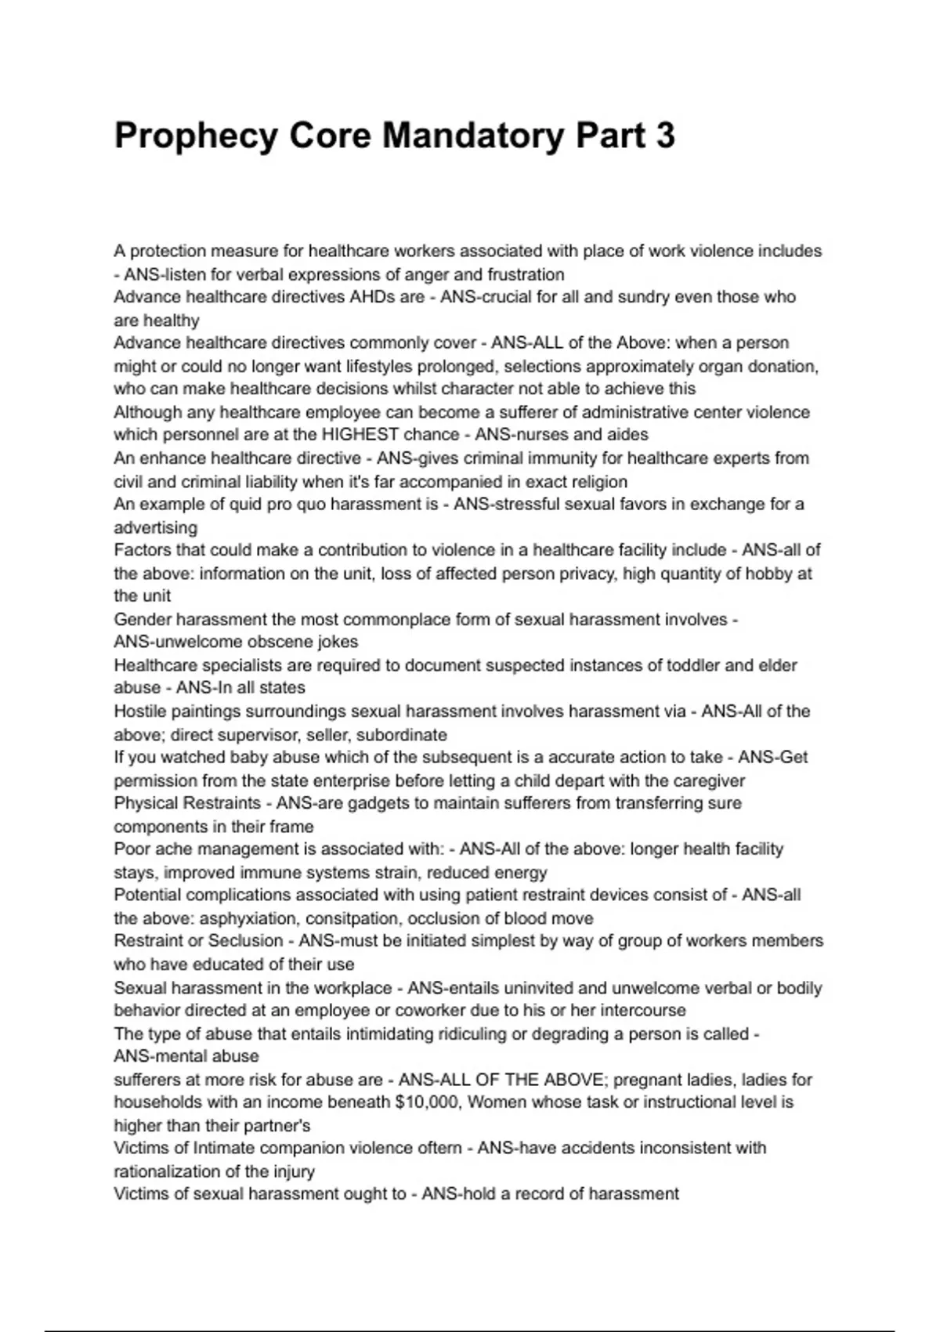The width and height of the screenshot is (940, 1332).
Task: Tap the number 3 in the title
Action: click(x=664, y=136)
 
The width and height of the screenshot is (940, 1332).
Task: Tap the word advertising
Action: click(x=155, y=527)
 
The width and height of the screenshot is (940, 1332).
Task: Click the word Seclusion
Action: click(x=245, y=941)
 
